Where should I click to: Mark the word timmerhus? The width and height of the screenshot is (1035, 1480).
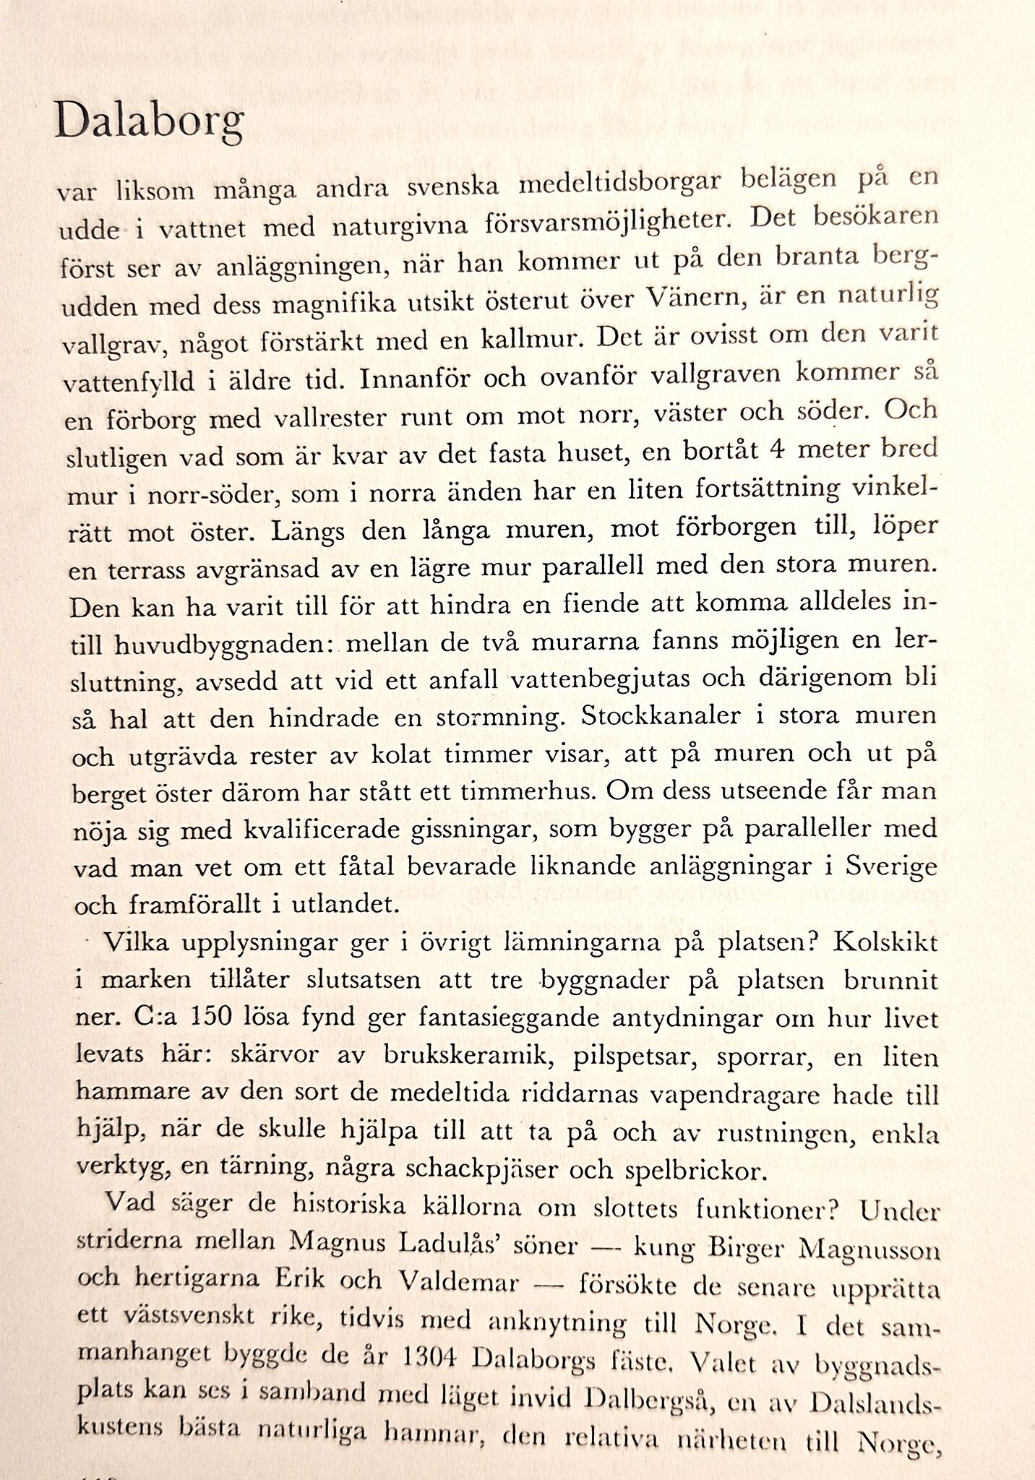[x=532, y=792]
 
